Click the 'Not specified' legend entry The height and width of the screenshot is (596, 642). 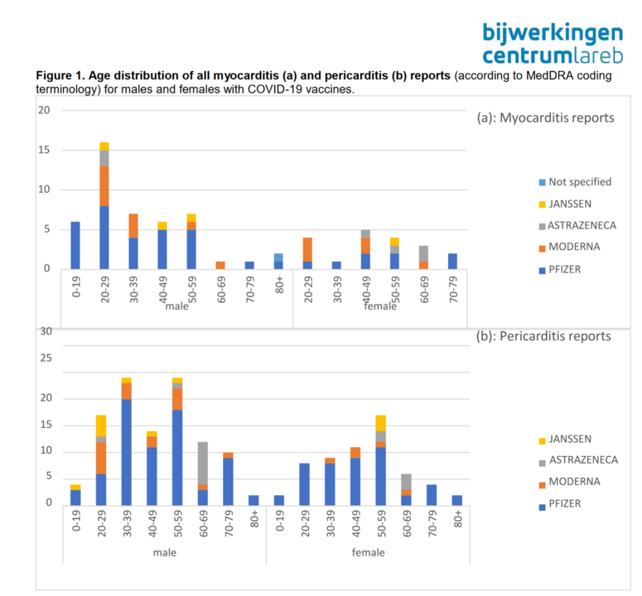coord(578,182)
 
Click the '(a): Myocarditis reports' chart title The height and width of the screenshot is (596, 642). coord(545,118)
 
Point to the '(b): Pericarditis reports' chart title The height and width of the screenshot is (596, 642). coord(543,336)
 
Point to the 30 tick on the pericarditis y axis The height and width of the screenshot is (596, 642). coord(46,331)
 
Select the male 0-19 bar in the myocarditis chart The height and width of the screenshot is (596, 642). coord(75,245)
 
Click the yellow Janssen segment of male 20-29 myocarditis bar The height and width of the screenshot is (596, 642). coord(104,147)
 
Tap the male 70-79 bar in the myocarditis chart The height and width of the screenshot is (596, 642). coord(249,265)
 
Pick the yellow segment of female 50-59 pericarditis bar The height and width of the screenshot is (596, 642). coord(380,423)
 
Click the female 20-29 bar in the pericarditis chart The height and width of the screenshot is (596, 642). coord(304,483)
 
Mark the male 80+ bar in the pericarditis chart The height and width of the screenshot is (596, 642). coord(254,499)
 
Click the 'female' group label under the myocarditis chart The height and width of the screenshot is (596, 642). coord(381,305)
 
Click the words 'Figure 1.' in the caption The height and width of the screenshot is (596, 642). coord(61,75)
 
